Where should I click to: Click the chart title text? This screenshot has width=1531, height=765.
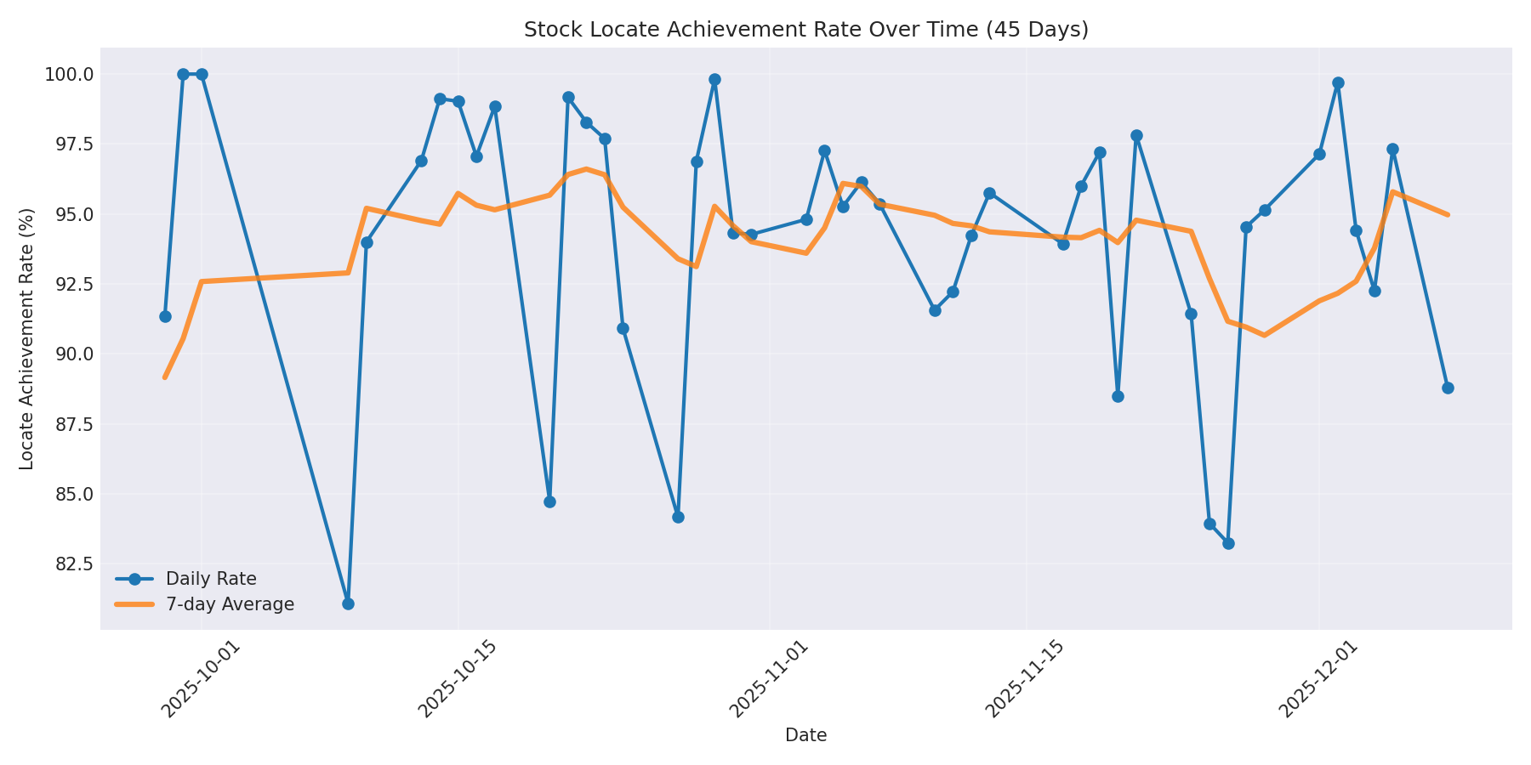805,30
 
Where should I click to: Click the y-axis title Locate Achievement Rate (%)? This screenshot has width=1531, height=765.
26,338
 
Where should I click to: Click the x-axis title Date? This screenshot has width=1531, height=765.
805,735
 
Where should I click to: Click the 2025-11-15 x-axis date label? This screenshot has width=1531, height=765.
1026,679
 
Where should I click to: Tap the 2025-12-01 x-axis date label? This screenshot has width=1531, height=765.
1319,679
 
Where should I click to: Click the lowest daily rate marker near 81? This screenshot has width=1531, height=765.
348,603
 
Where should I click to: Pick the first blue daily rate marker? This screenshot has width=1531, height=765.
165,316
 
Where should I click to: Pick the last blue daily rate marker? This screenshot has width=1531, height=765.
1448,388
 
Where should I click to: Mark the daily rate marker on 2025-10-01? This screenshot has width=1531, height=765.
202,74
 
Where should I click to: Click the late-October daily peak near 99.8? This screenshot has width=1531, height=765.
714,79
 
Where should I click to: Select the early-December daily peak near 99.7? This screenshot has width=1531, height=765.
1338,82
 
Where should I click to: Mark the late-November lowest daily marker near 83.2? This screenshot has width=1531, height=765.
1228,543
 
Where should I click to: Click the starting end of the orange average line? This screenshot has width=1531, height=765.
165,377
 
